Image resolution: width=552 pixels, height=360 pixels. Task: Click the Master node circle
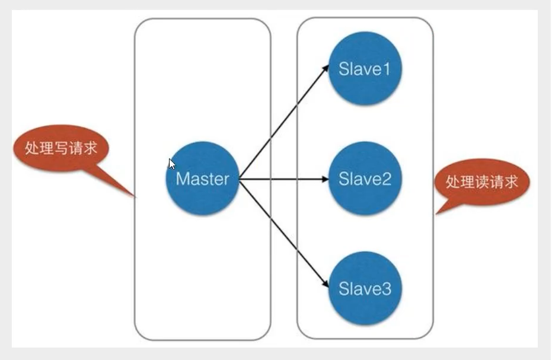point(202,179)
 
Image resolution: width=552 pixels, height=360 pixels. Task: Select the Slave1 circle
point(365,68)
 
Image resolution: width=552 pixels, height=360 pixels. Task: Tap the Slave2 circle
point(365,179)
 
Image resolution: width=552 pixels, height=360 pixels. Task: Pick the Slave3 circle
point(365,288)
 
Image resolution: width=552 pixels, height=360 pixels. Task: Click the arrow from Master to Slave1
point(284,122)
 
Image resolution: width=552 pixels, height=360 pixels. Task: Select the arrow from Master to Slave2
point(284,179)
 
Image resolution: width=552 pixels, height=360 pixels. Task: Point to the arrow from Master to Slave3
point(284,233)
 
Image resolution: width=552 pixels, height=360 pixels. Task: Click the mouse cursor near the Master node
point(172,164)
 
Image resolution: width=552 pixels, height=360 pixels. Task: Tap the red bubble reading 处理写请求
point(61,148)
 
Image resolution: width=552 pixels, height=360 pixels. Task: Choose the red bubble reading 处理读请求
point(482,181)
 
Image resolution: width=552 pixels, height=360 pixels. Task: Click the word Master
point(202,179)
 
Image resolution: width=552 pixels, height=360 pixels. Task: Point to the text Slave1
point(365,69)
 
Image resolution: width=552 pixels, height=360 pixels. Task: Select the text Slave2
point(365,179)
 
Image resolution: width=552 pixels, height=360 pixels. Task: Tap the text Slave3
point(365,288)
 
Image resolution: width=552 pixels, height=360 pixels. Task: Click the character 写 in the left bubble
point(61,148)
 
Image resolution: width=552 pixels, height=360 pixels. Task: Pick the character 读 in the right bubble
point(482,181)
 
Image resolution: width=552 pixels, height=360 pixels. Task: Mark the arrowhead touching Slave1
point(326,68)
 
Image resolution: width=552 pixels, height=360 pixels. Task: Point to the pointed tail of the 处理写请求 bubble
point(136,197)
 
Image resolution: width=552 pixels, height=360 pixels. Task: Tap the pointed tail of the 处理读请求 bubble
point(436,214)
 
